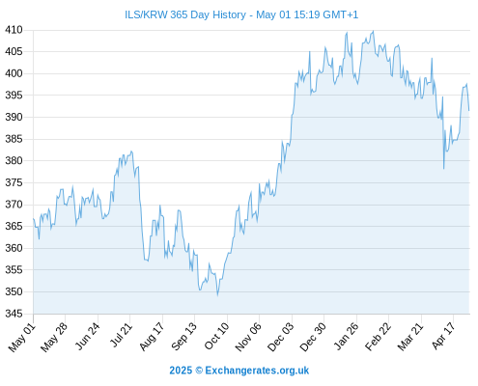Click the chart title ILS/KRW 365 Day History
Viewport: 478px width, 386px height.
point(185,14)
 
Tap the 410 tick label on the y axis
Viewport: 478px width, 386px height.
point(14,30)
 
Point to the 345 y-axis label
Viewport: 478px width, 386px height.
point(14,314)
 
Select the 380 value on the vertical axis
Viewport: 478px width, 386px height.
point(14,160)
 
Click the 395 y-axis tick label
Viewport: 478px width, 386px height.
point(14,96)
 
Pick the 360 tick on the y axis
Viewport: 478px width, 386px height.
point(14,248)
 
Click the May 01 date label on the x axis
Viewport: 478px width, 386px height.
point(21,337)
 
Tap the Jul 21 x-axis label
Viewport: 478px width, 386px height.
point(121,335)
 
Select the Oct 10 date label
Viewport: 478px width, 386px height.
point(216,336)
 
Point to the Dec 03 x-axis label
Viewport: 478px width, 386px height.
point(280,337)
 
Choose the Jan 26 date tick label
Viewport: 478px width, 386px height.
point(346,336)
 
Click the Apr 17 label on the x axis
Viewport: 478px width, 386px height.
point(443,336)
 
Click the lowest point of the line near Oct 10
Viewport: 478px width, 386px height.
point(218,295)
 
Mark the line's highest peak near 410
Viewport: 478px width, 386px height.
point(374,31)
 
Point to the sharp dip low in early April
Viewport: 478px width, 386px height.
point(444,169)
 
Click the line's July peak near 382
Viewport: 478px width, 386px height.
point(131,152)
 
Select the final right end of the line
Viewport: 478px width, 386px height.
point(469,111)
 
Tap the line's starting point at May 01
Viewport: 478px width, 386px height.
point(33,218)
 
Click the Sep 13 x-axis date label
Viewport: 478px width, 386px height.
point(183,336)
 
